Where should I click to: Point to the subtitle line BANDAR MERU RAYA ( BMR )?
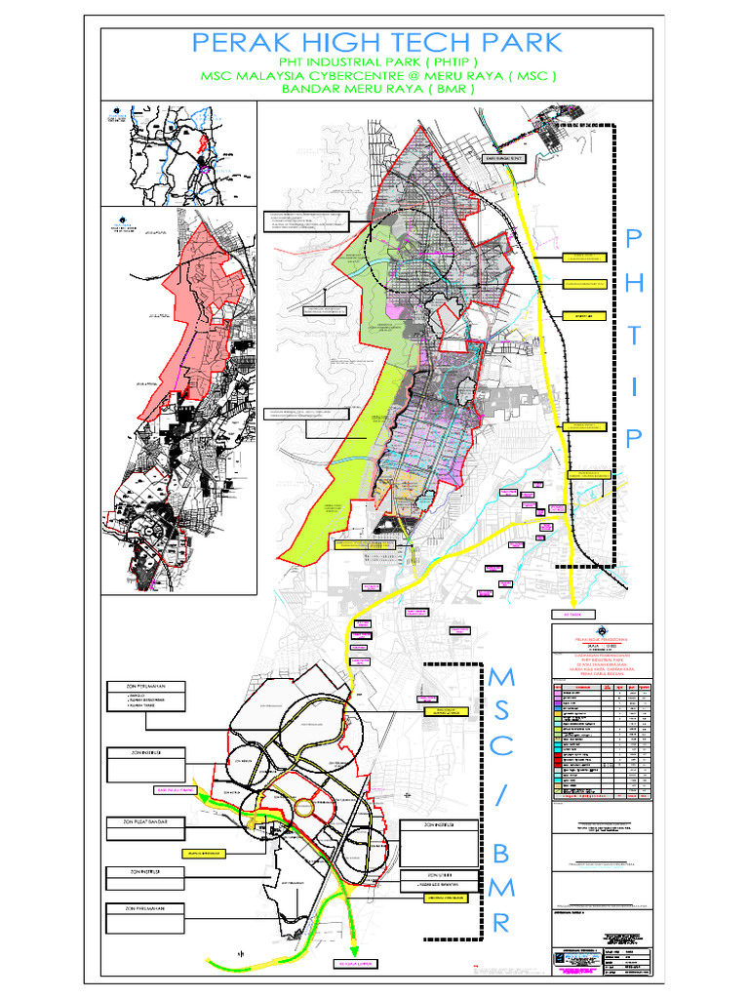(x=377, y=89)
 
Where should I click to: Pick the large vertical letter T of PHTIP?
(x=634, y=335)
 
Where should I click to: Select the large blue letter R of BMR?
(x=500, y=923)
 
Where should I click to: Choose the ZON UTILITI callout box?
(x=439, y=875)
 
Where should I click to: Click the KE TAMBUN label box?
(x=565, y=615)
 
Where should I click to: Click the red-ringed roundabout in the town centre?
(x=306, y=806)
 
